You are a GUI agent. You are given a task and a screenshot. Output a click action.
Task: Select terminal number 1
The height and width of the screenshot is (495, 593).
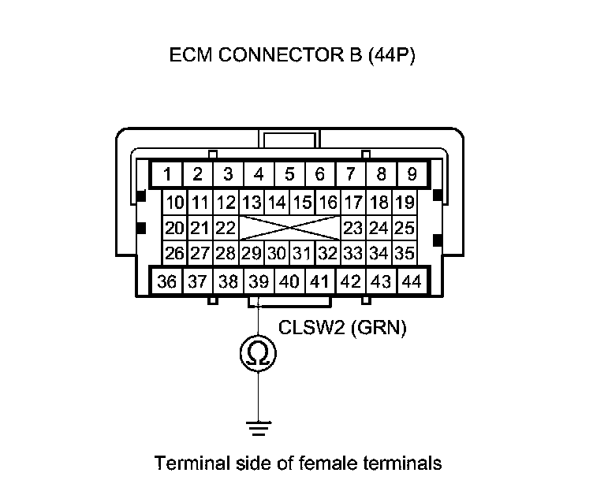[x=167, y=174]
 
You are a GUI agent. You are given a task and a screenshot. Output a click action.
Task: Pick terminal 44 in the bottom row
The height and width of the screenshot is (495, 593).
[x=411, y=281]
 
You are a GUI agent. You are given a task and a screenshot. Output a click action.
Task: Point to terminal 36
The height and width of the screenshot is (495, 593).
[x=167, y=281]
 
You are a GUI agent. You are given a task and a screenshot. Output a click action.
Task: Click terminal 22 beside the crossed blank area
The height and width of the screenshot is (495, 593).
[x=226, y=229]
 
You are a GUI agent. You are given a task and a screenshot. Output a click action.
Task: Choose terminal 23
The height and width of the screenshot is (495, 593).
[x=353, y=229]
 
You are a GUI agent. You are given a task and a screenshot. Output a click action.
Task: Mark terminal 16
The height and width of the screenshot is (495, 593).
[x=328, y=203]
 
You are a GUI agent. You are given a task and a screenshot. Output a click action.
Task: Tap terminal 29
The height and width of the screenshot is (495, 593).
[x=252, y=254]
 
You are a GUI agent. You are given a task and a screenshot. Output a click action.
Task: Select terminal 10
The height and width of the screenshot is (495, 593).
[x=175, y=203]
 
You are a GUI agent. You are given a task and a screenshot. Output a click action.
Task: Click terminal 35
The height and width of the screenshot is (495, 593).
[x=405, y=254]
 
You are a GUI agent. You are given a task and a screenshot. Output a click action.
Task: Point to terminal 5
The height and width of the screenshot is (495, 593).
[x=289, y=174]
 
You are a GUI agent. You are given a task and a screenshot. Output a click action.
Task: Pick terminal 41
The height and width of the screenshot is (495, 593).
[x=319, y=281]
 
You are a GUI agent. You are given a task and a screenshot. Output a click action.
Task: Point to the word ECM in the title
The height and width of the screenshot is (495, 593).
[x=188, y=58]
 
